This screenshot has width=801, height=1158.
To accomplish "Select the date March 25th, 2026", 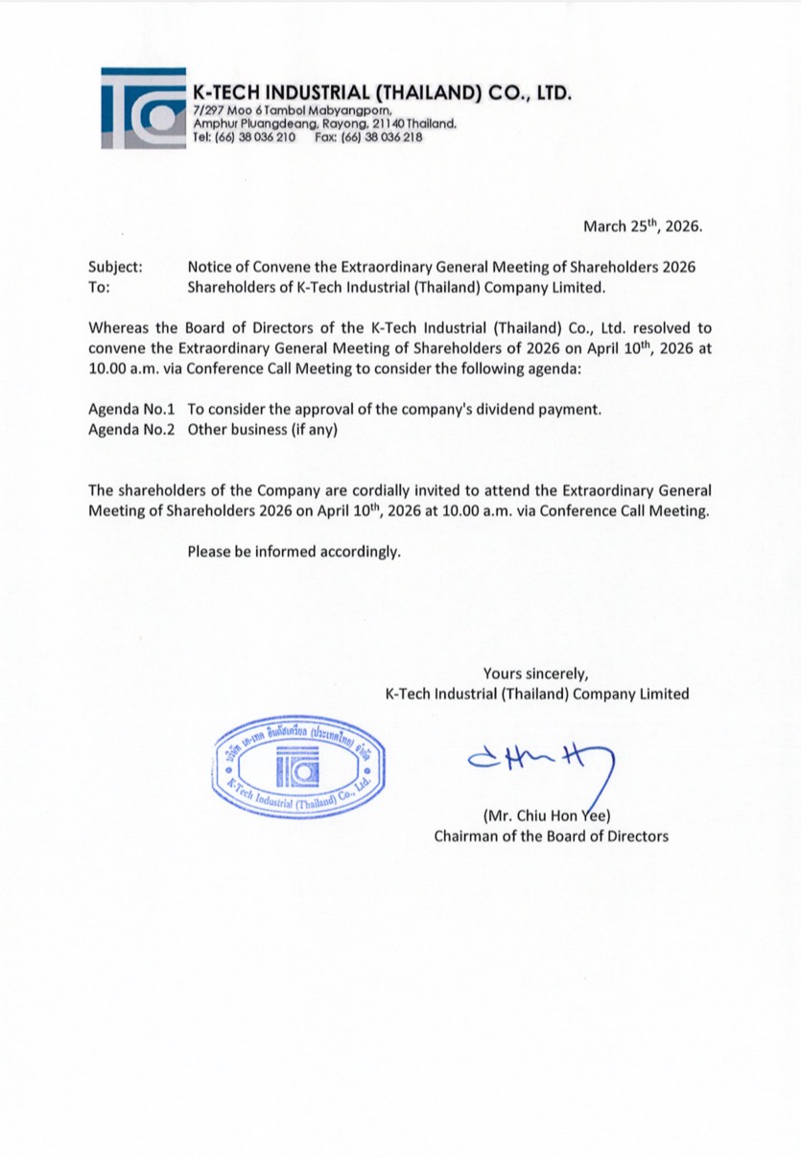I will click(x=643, y=227).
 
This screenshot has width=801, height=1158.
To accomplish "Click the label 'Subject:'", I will click(x=115, y=267).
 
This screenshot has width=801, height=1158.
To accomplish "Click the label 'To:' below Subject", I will click(x=100, y=286).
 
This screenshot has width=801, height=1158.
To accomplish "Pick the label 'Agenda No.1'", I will click(x=131, y=410).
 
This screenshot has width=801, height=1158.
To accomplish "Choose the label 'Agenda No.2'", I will click(x=131, y=430).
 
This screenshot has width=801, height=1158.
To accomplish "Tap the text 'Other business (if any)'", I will click(x=264, y=430).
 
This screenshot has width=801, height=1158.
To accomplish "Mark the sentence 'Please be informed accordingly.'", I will click(x=294, y=552).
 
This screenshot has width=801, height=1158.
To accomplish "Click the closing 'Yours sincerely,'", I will click(x=536, y=674).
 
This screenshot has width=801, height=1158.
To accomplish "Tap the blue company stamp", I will click(x=298, y=768).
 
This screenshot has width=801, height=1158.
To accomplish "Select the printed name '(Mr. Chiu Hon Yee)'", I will click(x=542, y=816).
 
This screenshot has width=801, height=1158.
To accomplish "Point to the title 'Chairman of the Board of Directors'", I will click(x=551, y=836).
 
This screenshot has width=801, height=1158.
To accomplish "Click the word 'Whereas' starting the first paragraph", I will click(x=120, y=327).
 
